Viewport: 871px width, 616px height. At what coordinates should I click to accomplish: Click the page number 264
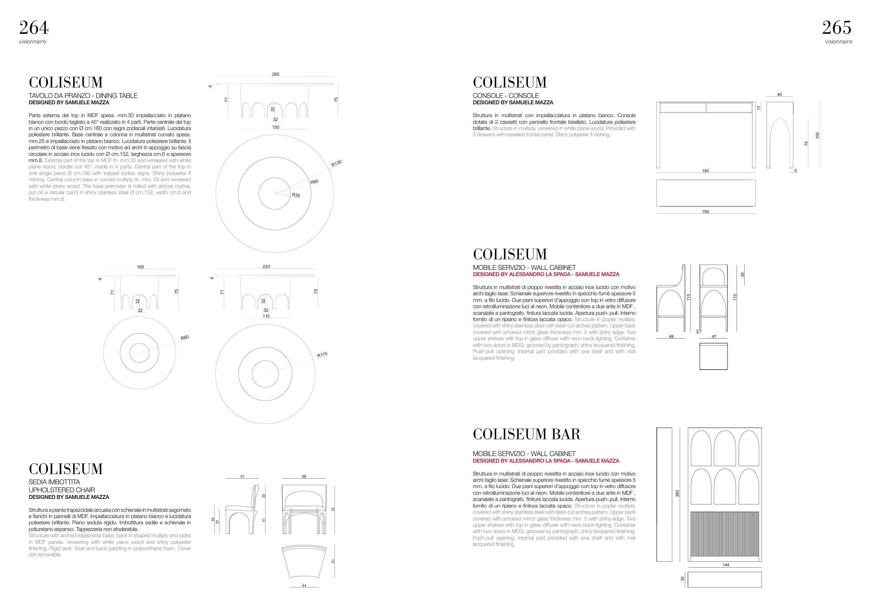[x=34, y=28]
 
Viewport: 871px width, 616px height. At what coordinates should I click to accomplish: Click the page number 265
[x=837, y=28]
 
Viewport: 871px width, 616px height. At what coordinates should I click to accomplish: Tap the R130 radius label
[x=337, y=163]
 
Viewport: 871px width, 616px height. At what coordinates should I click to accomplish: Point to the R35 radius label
[x=296, y=195]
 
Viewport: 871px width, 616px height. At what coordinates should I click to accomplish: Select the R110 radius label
[x=322, y=355]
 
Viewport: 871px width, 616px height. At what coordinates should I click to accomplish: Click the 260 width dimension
[x=276, y=74]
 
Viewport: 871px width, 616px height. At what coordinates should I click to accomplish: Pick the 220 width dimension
[x=266, y=266]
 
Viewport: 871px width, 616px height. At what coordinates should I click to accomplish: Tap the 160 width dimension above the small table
[x=140, y=267]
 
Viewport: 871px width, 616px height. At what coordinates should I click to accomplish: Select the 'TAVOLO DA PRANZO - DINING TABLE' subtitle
[x=83, y=96]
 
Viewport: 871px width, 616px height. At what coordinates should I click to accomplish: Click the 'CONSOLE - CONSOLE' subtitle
[x=506, y=96]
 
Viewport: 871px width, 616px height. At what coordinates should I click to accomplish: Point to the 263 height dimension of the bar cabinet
[x=677, y=493]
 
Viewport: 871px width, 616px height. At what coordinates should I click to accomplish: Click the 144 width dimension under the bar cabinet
[x=726, y=565]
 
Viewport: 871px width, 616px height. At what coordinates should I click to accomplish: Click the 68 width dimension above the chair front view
[x=304, y=476]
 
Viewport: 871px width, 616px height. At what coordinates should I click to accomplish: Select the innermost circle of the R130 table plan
[x=275, y=193]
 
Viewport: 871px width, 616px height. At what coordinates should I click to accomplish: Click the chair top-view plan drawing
[x=304, y=562]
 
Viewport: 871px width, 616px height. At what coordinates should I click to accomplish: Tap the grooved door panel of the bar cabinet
[x=725, y=534]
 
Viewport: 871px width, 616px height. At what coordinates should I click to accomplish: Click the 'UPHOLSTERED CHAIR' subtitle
[x=62, y=490]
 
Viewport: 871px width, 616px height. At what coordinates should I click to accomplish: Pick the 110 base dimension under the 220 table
[x=266, y=316]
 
